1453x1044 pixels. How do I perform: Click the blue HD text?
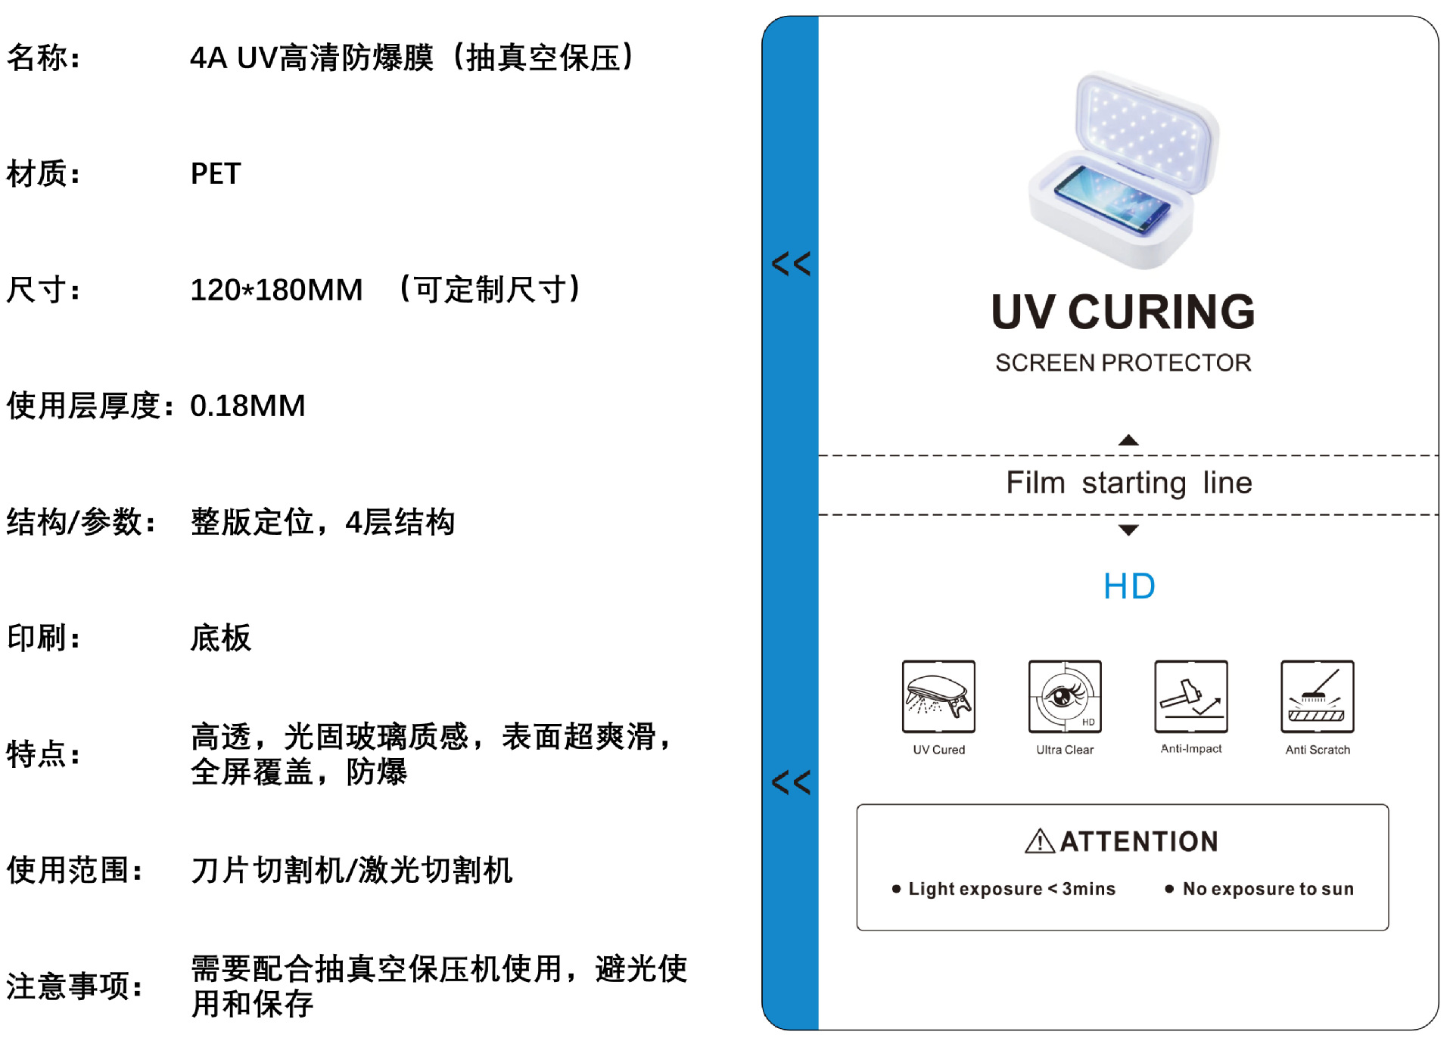click(x=1129, y=586)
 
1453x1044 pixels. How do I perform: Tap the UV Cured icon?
click(x=938, y=697)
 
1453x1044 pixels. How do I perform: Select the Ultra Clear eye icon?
click(x=1065, y=697)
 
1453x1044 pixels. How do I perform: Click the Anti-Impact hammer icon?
click(x=1191, y=697)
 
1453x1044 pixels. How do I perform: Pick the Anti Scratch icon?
click(x=1318, y=697)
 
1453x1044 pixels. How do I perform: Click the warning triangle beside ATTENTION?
click(x=1040, y=841)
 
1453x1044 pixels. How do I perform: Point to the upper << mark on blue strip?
click(x=791, y=263)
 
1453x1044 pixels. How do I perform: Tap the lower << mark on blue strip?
click(x=791, y=782)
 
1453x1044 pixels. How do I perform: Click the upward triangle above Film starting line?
click(x=1128, y=440)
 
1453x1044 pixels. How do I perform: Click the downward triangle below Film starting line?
click(x=1128, y=530)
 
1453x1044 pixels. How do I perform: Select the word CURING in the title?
click(x=1161, y=312)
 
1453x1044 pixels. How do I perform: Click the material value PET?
click(x=216, y=174)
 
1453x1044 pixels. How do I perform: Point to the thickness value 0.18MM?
click(x=247, y=406)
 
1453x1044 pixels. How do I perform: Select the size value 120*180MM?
click(x=276, y=291)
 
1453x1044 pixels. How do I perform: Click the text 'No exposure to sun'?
click(x=1268, y=889)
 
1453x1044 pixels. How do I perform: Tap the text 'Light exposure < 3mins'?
click(x=1012, y=889)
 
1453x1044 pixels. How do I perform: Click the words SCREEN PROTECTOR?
click(x=1123, y=363)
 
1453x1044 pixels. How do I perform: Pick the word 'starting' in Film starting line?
click(x=1134, y=483)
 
